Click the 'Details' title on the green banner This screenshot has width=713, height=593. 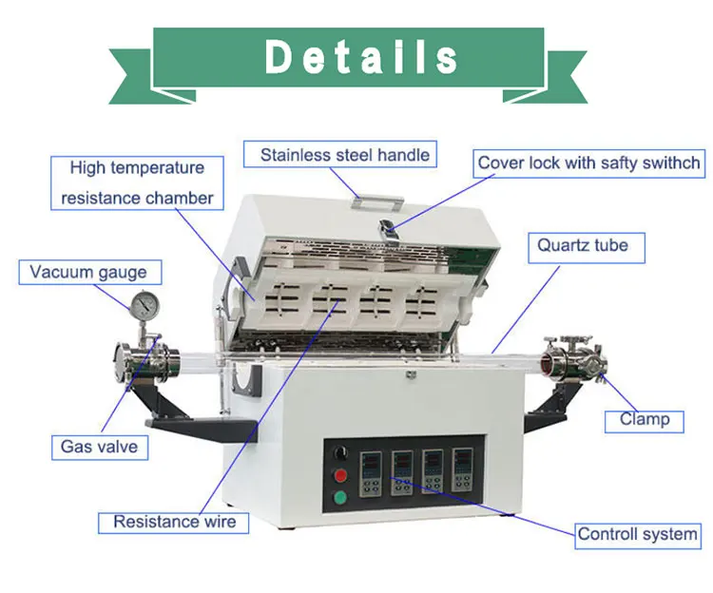362,57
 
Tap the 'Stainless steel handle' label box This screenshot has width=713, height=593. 344,154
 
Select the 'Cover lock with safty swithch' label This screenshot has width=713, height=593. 588,163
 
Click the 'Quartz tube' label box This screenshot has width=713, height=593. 582,245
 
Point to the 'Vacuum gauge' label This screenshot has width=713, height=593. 88,272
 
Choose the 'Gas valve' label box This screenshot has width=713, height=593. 99,446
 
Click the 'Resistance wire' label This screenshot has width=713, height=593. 174,521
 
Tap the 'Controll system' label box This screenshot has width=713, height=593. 637,534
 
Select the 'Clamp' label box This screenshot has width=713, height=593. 645,419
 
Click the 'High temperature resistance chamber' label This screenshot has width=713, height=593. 137,183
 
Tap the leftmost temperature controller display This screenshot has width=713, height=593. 371,468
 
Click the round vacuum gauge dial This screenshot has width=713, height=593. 145,304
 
